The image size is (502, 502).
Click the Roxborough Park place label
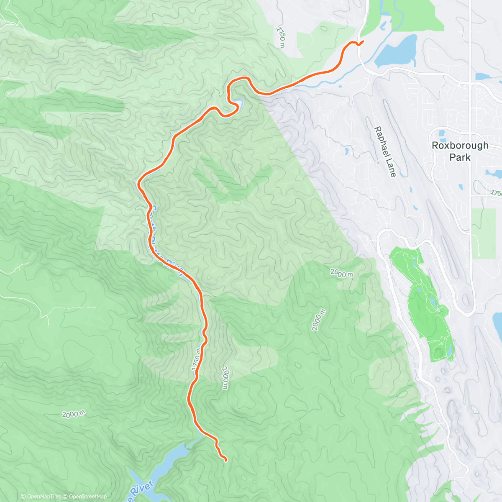(460, 151)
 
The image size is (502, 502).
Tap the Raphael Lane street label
(384, 151)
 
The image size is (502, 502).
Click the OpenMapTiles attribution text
(41, 497)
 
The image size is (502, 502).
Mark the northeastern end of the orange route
(362, 41)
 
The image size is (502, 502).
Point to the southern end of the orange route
(226, 461)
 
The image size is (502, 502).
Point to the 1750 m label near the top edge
(282, 37)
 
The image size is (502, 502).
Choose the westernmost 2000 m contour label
(73, 414)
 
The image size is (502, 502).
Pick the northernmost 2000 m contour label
(342, 274)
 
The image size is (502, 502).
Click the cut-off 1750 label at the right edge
(497, 193)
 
